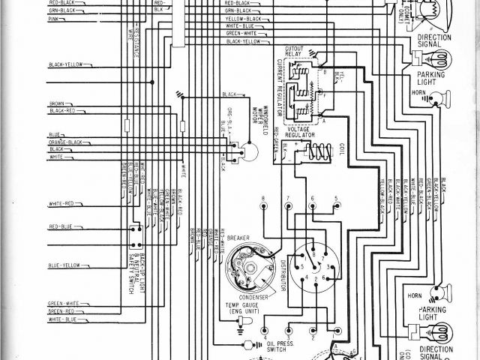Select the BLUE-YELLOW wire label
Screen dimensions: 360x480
pyautogui.click(x=64, y=264)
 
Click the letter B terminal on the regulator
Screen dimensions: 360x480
pyautogui.click(x=325, y=73)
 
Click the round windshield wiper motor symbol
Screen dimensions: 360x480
pyautogui.click(x=248, y=153)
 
